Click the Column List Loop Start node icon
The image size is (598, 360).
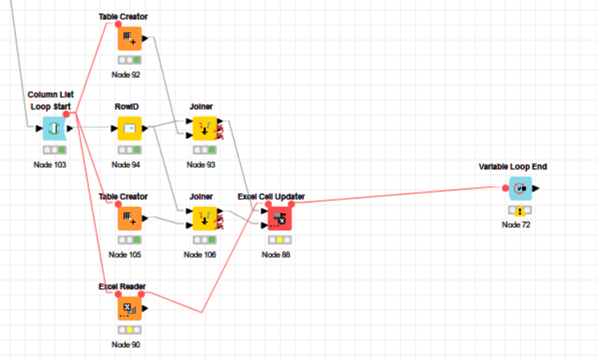(54, 128)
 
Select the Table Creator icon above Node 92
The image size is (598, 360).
(129, 38)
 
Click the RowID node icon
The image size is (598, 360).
(129, 128)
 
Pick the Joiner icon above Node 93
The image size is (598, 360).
(201, 128)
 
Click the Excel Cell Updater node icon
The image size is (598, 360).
(277, 217)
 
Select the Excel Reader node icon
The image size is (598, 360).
(129, 307)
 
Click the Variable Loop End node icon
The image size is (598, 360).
(520, 189)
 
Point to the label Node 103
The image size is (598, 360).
(54, 165)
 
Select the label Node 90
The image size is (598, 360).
(126, 344)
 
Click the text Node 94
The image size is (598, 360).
(126, 165)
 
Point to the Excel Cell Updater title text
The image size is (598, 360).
(271, 197)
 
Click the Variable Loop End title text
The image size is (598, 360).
(512, 167)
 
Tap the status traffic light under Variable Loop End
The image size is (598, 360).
(520, 211)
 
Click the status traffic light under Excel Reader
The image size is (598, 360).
(129, 330)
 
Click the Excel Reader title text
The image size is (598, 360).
(122, 286)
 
